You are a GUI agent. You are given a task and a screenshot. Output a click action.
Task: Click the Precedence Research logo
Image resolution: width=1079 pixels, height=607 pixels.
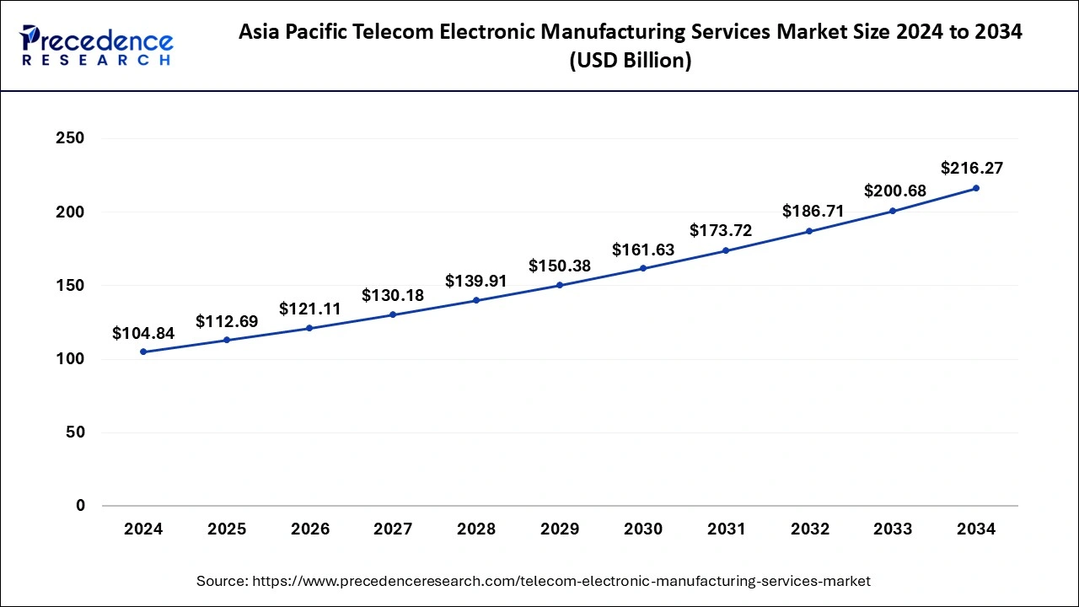(x=96, y=46)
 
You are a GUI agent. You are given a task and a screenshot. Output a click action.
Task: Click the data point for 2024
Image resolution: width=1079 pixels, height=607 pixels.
(x=143, y=352)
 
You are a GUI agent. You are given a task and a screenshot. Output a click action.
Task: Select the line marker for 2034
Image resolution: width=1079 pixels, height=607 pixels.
(x=976, y=188)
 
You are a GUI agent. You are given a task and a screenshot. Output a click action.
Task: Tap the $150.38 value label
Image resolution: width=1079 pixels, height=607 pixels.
(x=560, y=266)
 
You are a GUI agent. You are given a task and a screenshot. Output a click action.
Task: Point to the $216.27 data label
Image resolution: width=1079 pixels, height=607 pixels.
(x=972, y=169)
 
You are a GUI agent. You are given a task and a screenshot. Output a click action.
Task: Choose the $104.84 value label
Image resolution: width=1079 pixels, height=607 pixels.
(x=143, y=334)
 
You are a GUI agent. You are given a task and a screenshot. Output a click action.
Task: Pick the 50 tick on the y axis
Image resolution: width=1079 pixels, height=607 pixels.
(x=74, y=432)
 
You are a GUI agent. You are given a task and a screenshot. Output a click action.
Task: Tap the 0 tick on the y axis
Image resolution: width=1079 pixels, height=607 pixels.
(x=79, y=506)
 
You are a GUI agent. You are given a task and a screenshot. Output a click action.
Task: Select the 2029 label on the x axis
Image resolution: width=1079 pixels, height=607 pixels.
(x=560, y=529)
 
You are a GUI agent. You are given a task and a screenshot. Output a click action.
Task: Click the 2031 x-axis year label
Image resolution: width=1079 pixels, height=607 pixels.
(x=726, y=529)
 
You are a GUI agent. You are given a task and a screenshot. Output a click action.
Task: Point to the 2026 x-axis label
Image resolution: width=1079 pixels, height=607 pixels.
(x=310, y=529)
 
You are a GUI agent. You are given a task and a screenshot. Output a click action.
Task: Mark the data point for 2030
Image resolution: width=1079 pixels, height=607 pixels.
(x=643, y=268)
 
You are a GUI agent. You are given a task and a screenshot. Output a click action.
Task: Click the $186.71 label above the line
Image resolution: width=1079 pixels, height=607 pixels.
(x=813, y=211)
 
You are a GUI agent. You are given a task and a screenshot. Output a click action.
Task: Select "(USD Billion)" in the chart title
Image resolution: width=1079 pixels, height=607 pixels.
(x=631, y=62)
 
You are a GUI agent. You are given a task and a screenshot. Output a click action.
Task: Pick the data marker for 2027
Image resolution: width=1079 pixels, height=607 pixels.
(x=393, y=314)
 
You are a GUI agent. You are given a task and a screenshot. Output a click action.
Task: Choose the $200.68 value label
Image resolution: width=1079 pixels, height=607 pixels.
(x=895, y=191)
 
